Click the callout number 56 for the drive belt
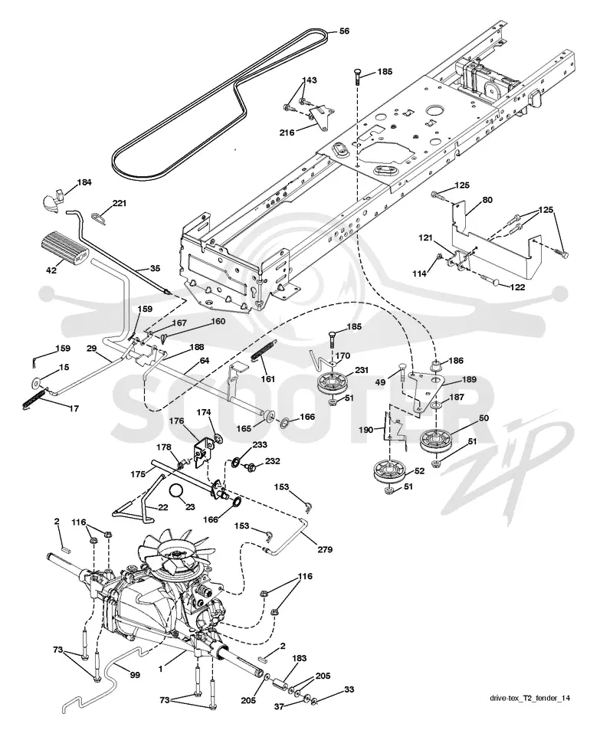(345, 31)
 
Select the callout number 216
(287, 133)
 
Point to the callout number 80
(487, 200)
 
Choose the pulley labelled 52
(390, 473)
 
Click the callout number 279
(325, 549)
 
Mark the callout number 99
(135, 676)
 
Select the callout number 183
(299, 658)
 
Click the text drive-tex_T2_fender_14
(529, 699)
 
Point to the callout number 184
(84, 182)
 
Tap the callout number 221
(120, 204)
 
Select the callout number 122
(518, 287)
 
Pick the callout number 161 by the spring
(268, 379)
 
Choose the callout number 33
(349, 689)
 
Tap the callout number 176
(176, 421)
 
